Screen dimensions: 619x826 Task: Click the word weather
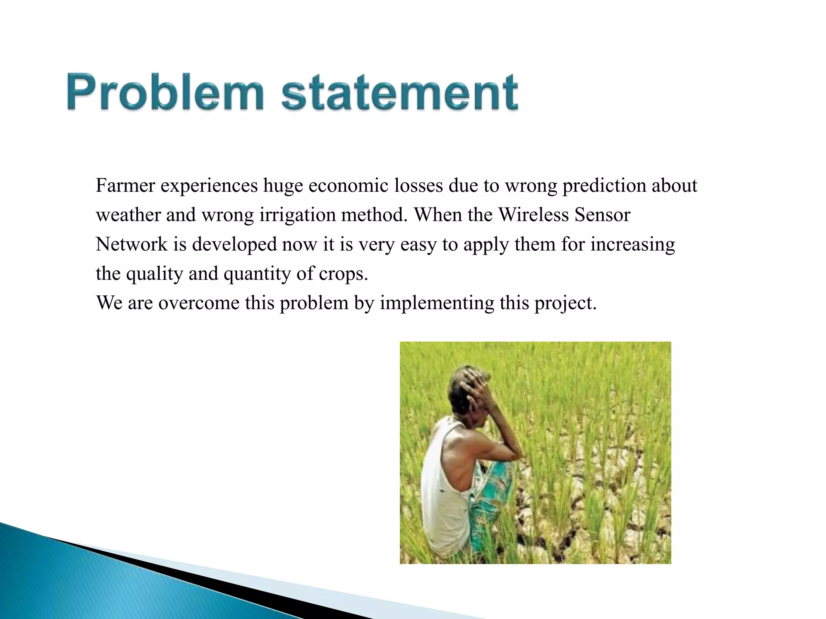coord(128,215)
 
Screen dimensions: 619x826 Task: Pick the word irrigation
coord(297,215)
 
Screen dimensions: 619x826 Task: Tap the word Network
coord(131,245)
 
